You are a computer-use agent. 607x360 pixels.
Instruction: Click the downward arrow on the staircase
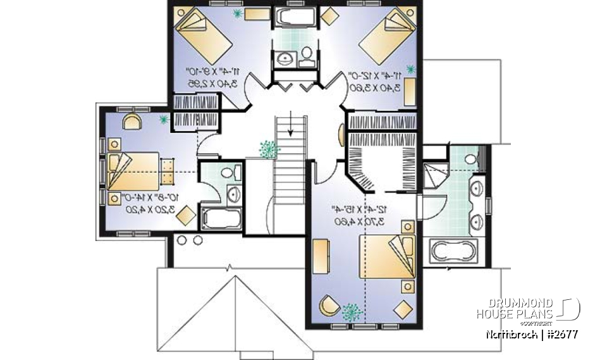click(290, 124)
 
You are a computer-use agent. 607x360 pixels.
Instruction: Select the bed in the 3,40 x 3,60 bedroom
click(386, 36)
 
